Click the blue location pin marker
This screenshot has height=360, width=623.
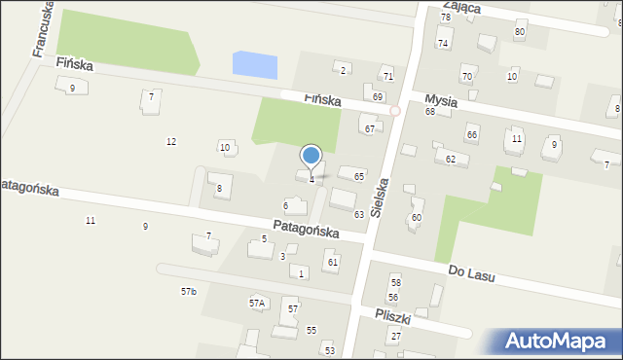(x=311, y=156)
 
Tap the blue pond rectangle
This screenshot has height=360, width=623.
(x=255, y=65)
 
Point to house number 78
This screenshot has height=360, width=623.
(x=445, y=18)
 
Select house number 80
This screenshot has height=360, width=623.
(x=520, y=31)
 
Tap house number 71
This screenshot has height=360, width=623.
(x=387, y=76)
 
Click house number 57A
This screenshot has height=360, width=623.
(x=256, y=303)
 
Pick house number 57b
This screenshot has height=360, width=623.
(x=188, y=291)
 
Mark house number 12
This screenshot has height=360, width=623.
(x=171, y=142)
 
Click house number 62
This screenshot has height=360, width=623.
(x=450, y=159)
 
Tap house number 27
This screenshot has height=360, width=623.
(x=395, y=336)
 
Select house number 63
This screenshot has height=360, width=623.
(x=358, y=214)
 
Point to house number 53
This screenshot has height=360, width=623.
(x=329, y=350)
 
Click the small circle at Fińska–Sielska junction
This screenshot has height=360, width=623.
(x=395, y=111)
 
